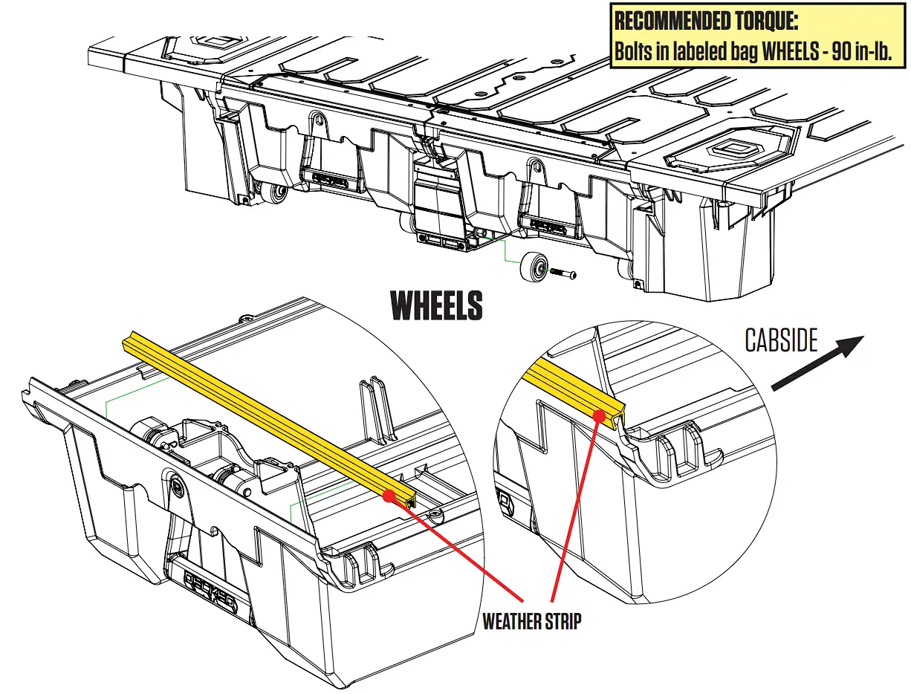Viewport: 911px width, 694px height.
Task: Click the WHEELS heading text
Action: [437, 306]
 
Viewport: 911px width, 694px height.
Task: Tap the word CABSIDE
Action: [781, 341]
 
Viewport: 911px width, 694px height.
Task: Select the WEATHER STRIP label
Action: [531, 621]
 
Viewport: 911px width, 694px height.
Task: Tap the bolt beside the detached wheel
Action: [565, 275]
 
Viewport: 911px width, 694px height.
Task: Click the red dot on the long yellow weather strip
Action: [387, 495]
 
